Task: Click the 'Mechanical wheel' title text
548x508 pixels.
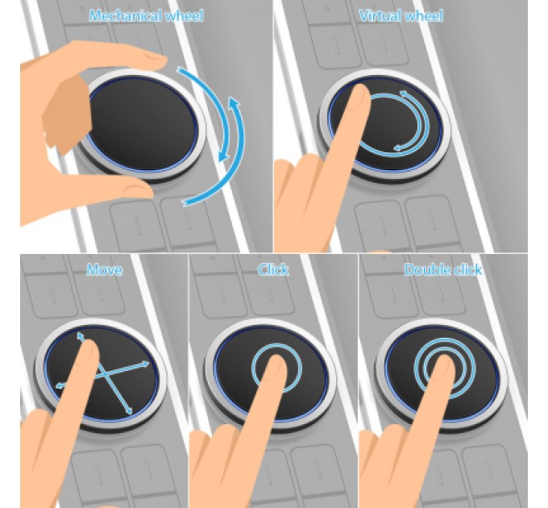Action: point(146,16)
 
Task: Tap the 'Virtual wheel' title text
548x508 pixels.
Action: point(401,16)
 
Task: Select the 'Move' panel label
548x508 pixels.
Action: point(105,269)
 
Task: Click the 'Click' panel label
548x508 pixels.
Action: point(273,269)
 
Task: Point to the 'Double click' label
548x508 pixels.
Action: point(443,269)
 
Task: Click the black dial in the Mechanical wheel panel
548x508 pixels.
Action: point(143,123)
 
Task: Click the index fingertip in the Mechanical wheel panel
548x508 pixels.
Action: point(154,59)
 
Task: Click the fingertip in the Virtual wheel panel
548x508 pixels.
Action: point(360,94)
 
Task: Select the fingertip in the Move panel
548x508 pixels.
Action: point(89,350)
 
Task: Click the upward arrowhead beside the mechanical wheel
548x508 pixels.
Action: point(234,102)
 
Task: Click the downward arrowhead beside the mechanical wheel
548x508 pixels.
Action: point(223,156)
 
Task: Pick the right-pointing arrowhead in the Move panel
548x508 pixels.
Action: point(144,364)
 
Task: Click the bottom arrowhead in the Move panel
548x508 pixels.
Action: point(129,410)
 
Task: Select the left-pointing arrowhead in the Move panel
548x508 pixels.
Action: point(60,385)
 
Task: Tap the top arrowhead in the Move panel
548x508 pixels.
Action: point(81,336)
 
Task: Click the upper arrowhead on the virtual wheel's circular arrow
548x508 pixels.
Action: point(404,94)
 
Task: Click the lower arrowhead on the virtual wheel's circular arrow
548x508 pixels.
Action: point(398,148)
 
